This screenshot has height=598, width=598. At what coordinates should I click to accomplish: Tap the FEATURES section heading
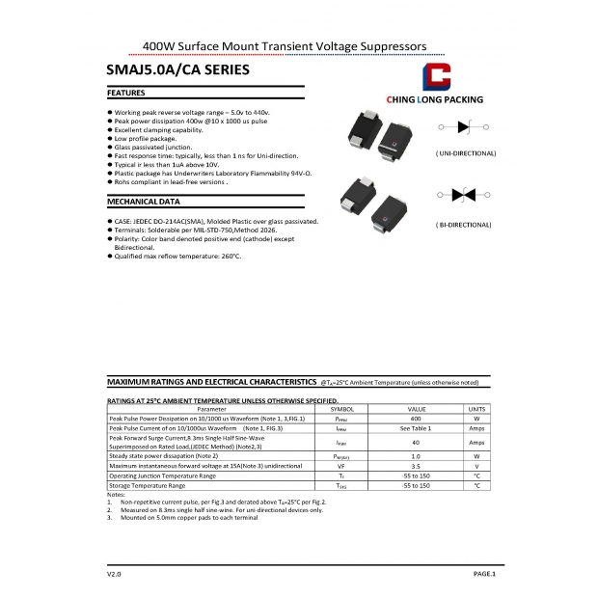point(126,94)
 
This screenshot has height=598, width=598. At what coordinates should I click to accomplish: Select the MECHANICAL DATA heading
point(143,203)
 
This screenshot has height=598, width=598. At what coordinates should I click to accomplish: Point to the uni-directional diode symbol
point(464,126)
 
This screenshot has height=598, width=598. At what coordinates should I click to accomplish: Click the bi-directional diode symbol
point(464,195)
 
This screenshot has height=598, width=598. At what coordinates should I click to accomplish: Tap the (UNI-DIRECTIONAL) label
point(465,153)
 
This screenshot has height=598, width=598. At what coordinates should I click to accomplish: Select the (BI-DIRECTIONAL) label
point(464,225)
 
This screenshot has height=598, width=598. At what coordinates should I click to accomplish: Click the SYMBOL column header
point(342,410)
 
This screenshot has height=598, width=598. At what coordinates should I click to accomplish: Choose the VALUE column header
point(416,410)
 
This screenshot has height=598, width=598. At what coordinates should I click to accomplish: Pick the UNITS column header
point(476,410)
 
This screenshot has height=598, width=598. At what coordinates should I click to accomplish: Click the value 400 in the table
point(416,419)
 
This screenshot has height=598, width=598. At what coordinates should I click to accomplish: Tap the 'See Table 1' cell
point(416,428)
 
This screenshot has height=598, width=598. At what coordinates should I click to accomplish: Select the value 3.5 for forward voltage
point(416,466)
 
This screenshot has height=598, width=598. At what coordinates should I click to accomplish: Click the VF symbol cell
point(341,466)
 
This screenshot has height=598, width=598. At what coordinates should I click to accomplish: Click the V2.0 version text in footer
point(114,574)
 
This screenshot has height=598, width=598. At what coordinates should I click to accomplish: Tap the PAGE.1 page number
point(483,574)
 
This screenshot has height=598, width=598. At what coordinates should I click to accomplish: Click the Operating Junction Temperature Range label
point(162,476)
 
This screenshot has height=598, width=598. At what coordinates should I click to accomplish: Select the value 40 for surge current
point(416,442)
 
